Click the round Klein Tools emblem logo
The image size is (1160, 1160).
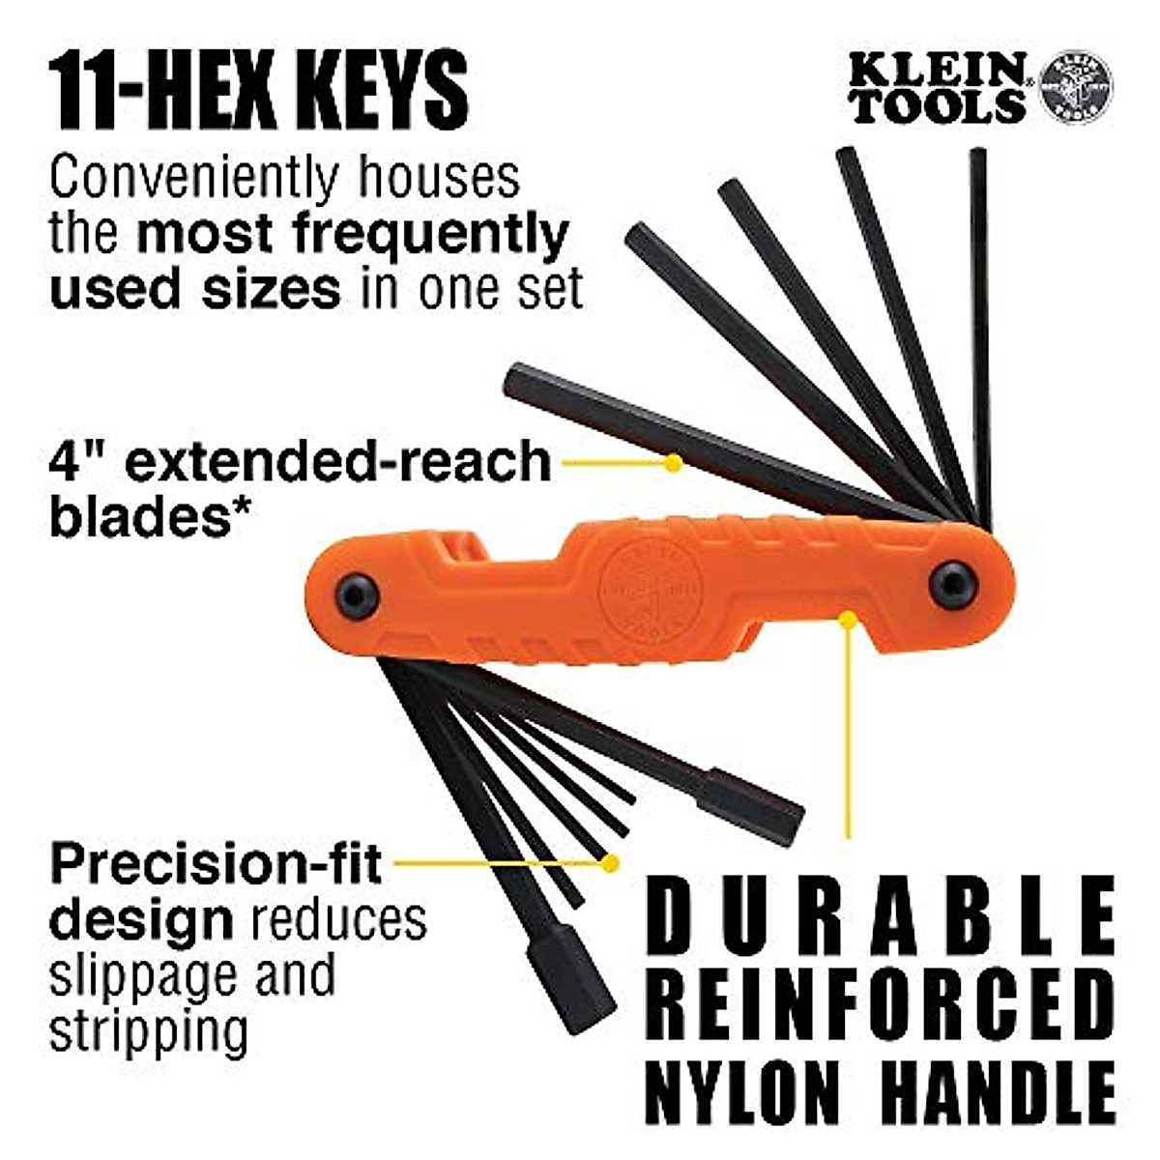[x=1074, y=88]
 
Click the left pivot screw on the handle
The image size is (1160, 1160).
[x=357, y=596]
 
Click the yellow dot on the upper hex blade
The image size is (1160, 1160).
[x=674, y=463]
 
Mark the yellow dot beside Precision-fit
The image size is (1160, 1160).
[x=610, y=859]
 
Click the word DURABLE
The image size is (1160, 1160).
[x=881, y=913]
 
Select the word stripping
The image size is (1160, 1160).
[x=149, y=1033]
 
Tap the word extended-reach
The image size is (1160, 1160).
[x=338, y=462]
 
